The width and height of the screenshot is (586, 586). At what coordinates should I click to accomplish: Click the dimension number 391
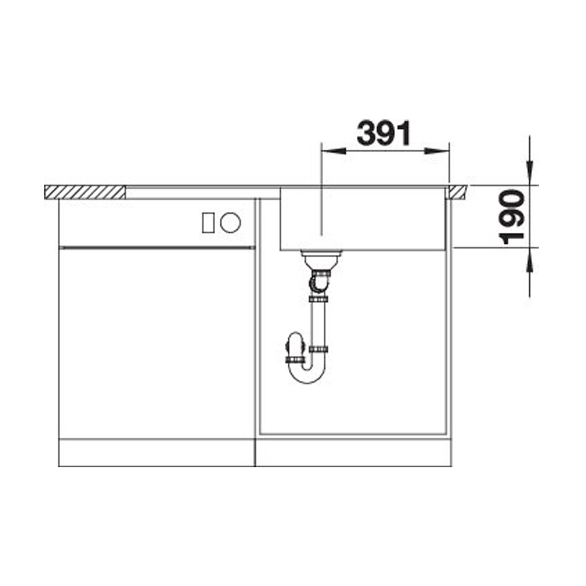click(x=384, y=134)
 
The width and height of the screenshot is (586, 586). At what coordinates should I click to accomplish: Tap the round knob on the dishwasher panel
click(x=230, y=222)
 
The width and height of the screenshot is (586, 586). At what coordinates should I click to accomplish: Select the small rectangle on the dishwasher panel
click(x=208, y=223)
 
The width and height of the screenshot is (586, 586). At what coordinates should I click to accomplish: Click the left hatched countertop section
click(x=84, y=192)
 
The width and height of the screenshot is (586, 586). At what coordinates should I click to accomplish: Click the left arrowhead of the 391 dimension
click(x=333, y=151)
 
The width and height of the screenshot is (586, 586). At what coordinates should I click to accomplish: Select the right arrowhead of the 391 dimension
click(x=437, y=151)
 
